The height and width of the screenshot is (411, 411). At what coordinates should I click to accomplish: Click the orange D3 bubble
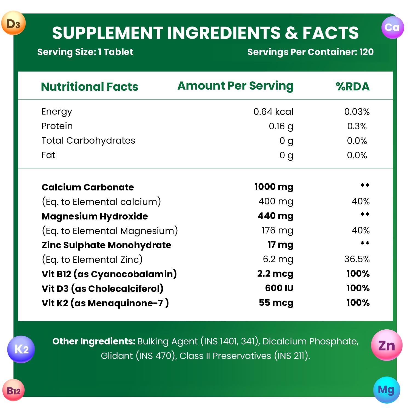[13, 23]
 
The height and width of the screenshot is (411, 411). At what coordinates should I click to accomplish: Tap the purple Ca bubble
[392, 27]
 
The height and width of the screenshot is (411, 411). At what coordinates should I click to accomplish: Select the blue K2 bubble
[21, 349]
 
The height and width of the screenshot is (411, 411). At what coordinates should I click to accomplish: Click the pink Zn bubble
[387, 345]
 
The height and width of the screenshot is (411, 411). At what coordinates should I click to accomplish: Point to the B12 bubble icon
[13, 390]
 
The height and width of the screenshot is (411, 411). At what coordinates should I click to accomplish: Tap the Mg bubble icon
[386, 390]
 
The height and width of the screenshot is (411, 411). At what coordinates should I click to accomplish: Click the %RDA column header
[353, 87]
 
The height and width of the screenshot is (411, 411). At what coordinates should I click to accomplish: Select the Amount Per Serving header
[235, 86]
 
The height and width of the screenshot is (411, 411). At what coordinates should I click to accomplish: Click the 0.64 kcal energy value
[273, 112]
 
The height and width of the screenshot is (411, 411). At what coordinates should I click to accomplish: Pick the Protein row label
[57, 126]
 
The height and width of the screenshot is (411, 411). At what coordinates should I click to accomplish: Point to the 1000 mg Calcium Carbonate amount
[273, 187]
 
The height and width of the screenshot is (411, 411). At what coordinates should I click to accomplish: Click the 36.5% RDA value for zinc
[357, 259]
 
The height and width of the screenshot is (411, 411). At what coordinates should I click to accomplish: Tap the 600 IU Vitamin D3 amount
[279, 288]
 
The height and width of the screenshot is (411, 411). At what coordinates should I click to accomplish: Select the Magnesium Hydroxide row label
[95, 216]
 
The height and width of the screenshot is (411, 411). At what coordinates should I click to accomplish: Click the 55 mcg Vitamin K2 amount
[276, 302]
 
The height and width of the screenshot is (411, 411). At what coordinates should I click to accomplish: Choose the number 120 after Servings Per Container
[366, 52]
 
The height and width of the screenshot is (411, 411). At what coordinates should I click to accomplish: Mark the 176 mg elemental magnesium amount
[277, 230]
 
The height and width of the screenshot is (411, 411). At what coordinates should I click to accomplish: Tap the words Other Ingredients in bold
[94, 341]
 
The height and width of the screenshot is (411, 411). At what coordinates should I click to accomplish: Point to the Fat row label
[48, 155]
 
